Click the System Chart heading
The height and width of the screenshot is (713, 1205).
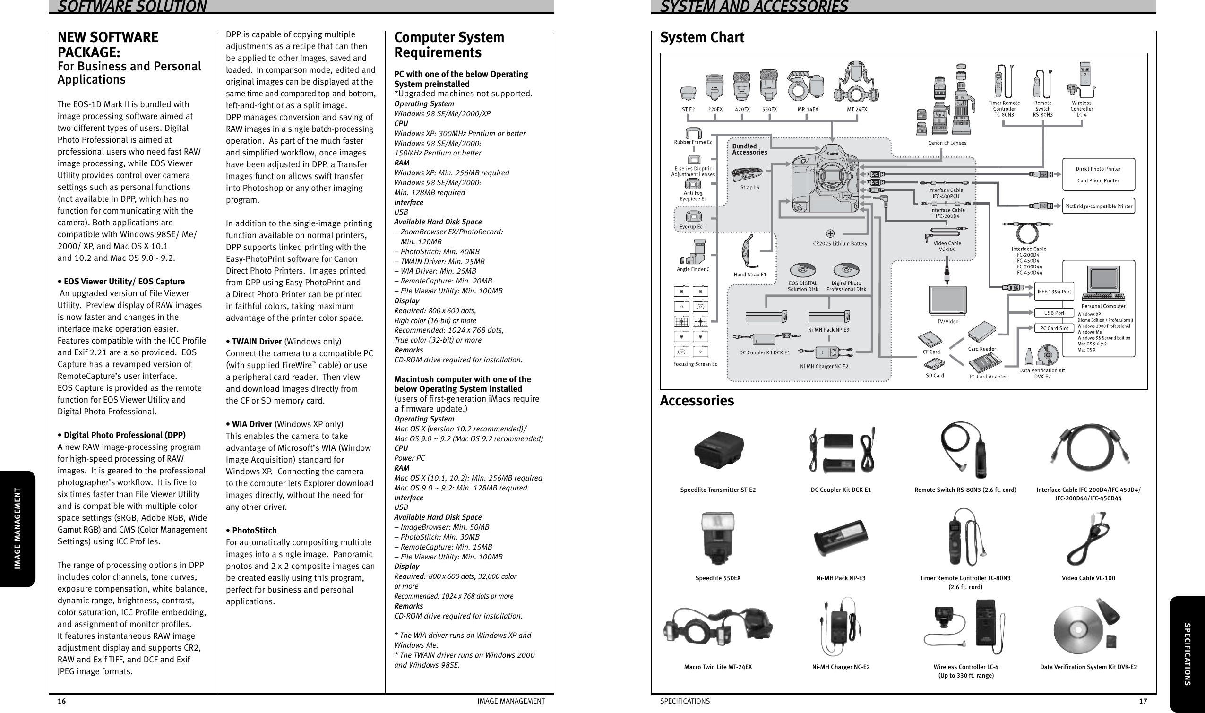[x=701, y=37]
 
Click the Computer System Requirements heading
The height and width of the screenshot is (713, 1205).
[x=449, y=45]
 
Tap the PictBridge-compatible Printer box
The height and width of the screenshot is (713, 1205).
[x=1098, y=206]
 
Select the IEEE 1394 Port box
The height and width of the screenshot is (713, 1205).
[x=1054, y=292]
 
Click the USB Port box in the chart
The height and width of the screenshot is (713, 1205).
[x=1054, y=313]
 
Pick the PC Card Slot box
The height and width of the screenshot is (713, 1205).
[x=1054, y=329]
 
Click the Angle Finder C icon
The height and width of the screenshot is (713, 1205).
[x=693, y=251]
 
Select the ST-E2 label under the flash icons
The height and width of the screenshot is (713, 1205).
[x=688, y=109]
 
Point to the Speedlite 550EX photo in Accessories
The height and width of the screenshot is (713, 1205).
[x=718, y=538]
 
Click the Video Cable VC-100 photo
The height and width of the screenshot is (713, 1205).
[x=1088, y=538]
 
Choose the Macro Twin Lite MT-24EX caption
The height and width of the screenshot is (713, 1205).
[x=718, y=667]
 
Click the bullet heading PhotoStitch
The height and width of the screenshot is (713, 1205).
[x=254, y=531]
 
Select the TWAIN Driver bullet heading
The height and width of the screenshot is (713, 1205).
[x=256, y=342]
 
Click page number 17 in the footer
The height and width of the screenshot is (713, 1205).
[x=1143, y=701]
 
